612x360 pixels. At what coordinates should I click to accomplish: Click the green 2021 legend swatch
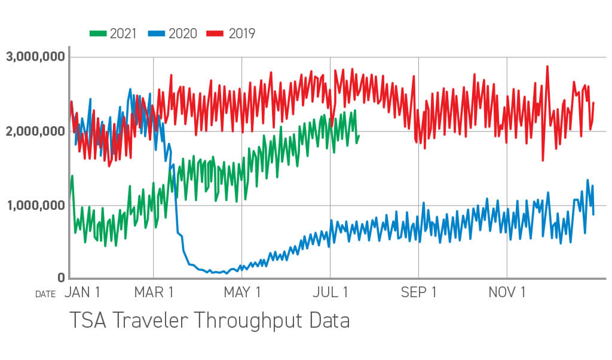click(x=97, y=33)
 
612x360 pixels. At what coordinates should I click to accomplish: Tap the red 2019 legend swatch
click(x=215, y=33)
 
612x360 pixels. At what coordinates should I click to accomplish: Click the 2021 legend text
click(x=123, y=33)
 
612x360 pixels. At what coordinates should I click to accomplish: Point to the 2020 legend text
click(x=182, y=33)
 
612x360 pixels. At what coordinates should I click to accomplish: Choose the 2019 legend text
click(x=241, y=33)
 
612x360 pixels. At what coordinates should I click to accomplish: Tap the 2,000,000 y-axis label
click(x=35, y=132)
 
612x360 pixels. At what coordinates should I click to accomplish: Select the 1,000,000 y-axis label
click(x=35, y=206)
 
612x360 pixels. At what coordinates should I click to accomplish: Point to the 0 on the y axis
click(x=61, y=278)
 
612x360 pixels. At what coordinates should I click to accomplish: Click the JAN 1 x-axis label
click(x=82, y=292)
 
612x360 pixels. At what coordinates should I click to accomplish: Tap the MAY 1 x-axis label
click(x=241, y=292)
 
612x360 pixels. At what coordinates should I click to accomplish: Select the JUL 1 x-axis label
click(x=330, y=292)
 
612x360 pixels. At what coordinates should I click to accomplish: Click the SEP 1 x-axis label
click(x=418, y=292)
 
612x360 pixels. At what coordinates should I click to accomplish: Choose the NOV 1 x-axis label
click(x=507, y=292)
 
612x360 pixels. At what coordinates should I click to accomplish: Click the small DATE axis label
click(x=45, y=294)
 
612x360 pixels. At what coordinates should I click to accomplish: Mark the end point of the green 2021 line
click(x=359, y=135)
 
